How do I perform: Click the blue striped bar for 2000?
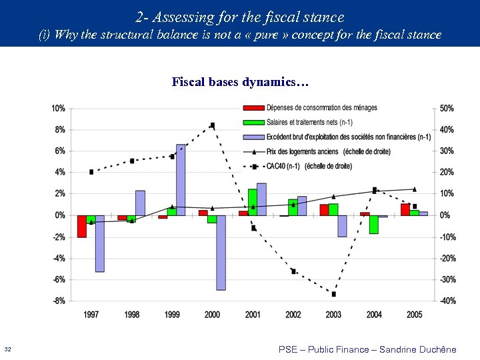(x=221, y=252)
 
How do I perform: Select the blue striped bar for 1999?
(x=181, y=179)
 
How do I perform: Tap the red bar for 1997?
(x=81, y=226)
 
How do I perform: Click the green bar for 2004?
(x=374, y=224)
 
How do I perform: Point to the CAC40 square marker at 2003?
(x=333, y=294)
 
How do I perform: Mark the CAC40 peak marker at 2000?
(x=212, y=125)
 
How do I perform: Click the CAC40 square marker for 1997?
(x=91, y=172)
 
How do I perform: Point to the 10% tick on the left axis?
(x=58, y=108)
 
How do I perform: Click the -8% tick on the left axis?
(x=58, y=301)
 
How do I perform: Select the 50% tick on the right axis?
(x=446, y=108)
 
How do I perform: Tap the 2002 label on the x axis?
(x=293, y=314)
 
